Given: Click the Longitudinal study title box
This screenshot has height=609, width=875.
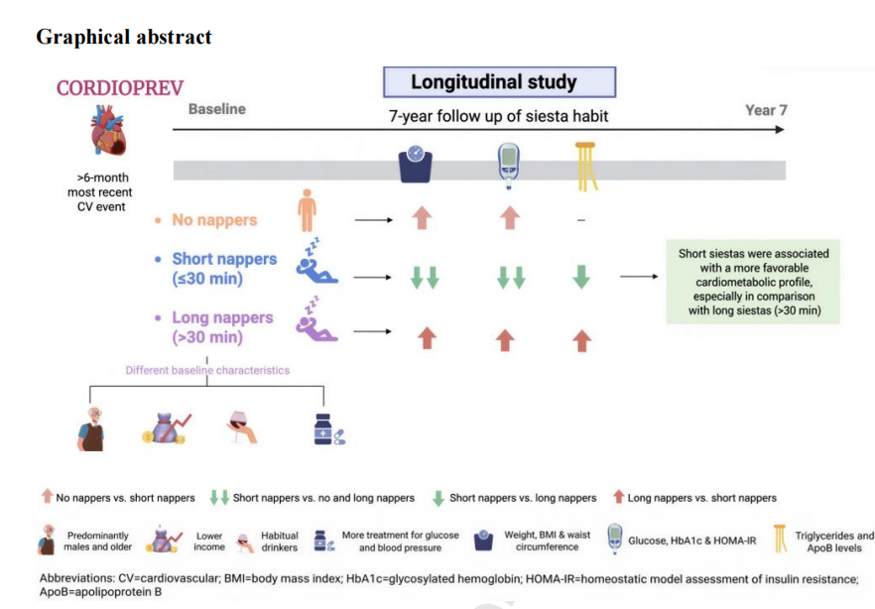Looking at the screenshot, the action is pyautogui.click(x=499, y=82).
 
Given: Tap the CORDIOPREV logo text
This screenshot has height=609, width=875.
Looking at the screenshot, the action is pyautogui.click(x=120, y=88).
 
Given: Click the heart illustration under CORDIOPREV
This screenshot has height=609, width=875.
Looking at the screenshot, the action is pyautogui.click(x=108, y=131).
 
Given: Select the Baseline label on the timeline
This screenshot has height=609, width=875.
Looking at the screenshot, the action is pyautogui.click(x=217, y=109).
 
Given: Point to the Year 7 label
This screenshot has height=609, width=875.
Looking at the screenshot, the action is pyautogui.click(x=766, y=110).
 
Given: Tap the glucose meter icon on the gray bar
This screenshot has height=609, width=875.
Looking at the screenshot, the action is pyautogui.click(x=508, y=166).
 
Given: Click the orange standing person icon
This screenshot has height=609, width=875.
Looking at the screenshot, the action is pyautogui.click(x=307, y=210).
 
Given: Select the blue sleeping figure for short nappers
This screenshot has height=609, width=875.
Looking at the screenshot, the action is pyautogui.click(x=315, y=262).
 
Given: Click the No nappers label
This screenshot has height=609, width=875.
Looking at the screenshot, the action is pyautogui.click(x=214, y=220).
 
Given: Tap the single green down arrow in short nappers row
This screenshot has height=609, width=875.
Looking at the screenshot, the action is pyautogui.click(x=581, y=277).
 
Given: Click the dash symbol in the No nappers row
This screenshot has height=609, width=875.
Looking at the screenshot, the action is pyautogui.click(x=581, y=220).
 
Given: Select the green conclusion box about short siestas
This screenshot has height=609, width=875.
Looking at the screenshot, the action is pyautogui.click(x=753, y=282).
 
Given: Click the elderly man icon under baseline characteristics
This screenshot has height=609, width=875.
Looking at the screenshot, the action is pyautogui.click(x=91, y=428).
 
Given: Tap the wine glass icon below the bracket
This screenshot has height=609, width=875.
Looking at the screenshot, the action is pyautogui.click(x=242, y=427).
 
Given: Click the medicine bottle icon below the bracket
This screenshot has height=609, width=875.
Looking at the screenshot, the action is pyautogui.click(x=328, y=429).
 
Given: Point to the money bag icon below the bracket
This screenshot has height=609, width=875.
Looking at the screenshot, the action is pyautogui.click(x=167, y=428).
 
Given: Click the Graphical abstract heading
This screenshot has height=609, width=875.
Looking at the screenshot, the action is pyautogui.click(x=124, y=37).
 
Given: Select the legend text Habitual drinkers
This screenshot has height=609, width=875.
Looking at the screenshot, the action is pyautogui.click(x=279, y=542).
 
